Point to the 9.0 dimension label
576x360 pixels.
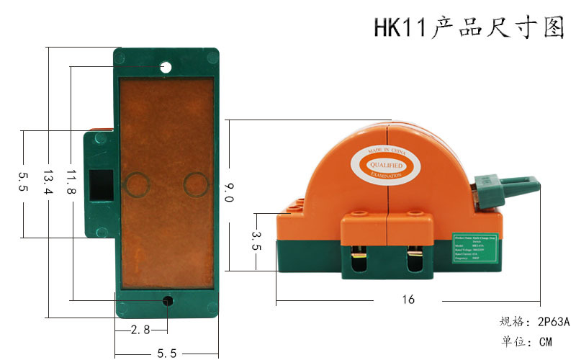click(229, 193)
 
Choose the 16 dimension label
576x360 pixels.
click(408, 300)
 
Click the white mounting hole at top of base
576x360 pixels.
click(166, 68)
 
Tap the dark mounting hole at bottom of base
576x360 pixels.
click(167, 301)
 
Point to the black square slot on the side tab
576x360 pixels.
click(101, 184)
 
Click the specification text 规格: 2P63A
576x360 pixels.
click(534, 321)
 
